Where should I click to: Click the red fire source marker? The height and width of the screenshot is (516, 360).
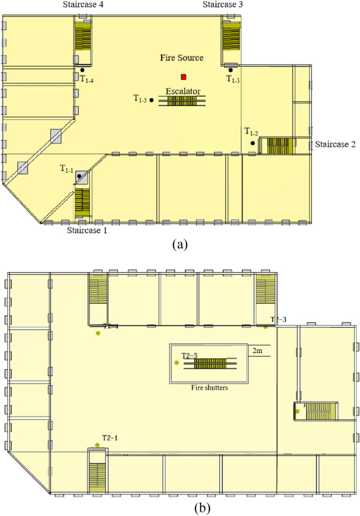[183, 77]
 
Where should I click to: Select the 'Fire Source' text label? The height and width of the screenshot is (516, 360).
[181, 58]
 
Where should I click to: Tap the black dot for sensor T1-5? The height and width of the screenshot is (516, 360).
[151, 100]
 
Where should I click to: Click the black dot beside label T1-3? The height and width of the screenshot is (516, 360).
[231, 70]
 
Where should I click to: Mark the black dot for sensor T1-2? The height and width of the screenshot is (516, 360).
[253, 143]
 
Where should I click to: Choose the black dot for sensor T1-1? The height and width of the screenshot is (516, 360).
[79, 176]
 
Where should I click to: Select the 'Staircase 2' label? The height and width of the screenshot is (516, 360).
[336, 144]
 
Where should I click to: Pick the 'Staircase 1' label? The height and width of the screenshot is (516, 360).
[87, 230]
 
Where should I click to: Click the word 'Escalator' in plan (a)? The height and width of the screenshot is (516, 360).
[182, 91]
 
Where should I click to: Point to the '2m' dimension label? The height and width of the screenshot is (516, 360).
[258, 350]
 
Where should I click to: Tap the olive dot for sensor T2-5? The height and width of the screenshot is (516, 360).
[177, 363]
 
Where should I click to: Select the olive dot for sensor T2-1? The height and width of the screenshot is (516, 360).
[97, 445]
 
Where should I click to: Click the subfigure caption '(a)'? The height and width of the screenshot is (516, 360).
[179, 244]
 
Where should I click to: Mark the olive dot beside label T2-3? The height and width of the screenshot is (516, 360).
[265, 327]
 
